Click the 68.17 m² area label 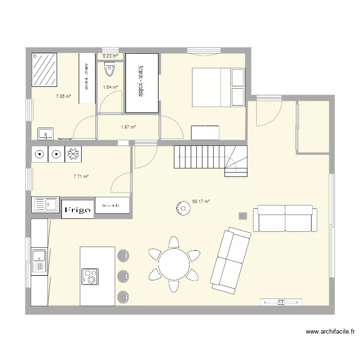coord(201,202)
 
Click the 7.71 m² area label coord(81,177)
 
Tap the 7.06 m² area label coord(63,96)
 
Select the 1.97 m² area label coord(128,127)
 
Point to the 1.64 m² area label coord(110,87)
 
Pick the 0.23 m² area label coord(110,56)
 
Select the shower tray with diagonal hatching coord(45,70)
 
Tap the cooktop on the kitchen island coord(90,276)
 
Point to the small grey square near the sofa coord(243,216)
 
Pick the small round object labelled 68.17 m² coord(183,208)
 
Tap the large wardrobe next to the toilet coord(142,83)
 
